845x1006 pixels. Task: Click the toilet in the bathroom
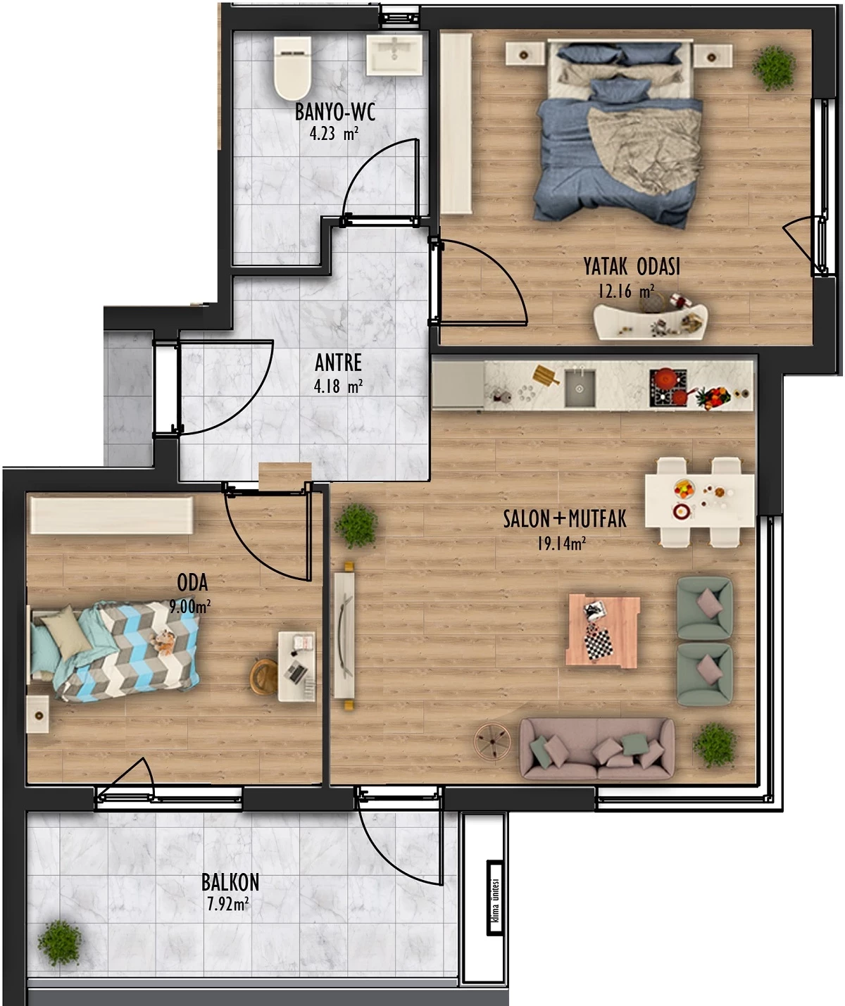coord(292,68)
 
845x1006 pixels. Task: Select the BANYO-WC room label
coord(334,112)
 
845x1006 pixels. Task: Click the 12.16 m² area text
coord(626,291)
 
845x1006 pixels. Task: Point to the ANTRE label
coord(338,363)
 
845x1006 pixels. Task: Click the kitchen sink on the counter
coord(580,387)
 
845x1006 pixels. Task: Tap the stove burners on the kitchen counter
coord(668,387)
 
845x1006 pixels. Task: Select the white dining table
coord(699,501)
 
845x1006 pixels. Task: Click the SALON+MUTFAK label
coord(565,519)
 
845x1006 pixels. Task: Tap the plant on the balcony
coord(60,943)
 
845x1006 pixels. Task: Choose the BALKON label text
coord(230,882)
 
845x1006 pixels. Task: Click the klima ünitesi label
coord(496,897)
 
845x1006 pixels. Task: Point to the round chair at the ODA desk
coord(263,677)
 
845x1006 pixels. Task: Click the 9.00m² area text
coord(189,606)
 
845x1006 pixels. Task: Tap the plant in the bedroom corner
coord(774,68)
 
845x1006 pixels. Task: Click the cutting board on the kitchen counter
coord(546,375)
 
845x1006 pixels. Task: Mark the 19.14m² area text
coord(561,543)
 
